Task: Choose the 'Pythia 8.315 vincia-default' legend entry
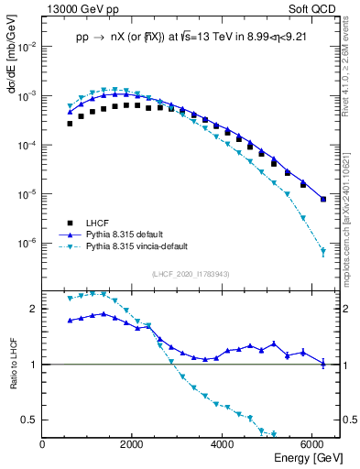coord(141,247)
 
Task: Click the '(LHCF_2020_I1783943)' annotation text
coord(191,274)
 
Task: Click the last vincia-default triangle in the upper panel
coord(322,252)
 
